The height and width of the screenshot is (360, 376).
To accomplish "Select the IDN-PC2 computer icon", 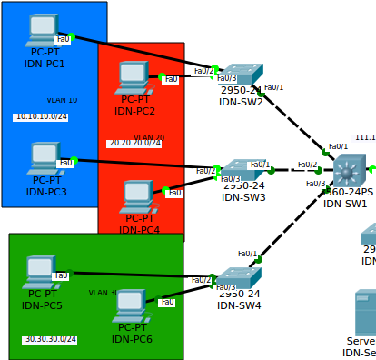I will (133, 77).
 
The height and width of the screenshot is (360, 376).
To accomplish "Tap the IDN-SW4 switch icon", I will (239, 278).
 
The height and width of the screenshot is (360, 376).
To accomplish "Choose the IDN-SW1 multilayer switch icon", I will (348, 171).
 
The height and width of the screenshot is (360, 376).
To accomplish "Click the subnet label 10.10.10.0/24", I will (41, 116).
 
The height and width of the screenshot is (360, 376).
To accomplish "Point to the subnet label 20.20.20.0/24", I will (134, 144).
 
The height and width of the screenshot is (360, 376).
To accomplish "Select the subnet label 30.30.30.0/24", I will (50, 339).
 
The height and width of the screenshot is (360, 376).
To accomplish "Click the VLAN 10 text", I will (62, 100).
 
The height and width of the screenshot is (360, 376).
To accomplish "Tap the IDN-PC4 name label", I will (139, 230).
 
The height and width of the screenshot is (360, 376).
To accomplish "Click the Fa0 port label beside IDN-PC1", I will (63, 39).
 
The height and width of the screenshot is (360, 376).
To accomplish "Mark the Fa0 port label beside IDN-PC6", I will (167, 301).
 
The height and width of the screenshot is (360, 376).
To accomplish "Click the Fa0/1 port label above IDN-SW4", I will (247, 254).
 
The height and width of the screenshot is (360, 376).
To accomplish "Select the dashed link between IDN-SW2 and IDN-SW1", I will (292, 117).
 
